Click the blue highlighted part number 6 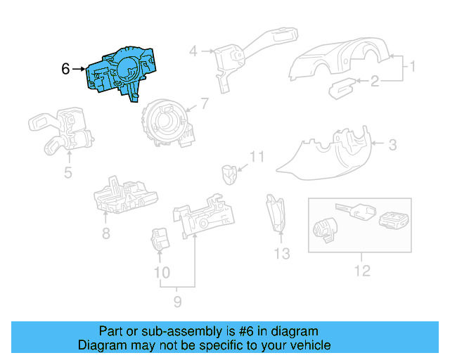pos(117,73)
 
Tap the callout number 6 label pos(65,69)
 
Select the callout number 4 pos(193,51)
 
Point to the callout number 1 pos(413,67)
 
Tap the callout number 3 pos(392,146)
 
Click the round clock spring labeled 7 pos(165,121)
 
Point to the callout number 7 pos(204,104)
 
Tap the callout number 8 pos(105,233)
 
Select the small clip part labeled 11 pos(229,172)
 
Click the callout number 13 pos(281,254)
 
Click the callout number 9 pos(177,302)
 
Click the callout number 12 pos(361,270)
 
